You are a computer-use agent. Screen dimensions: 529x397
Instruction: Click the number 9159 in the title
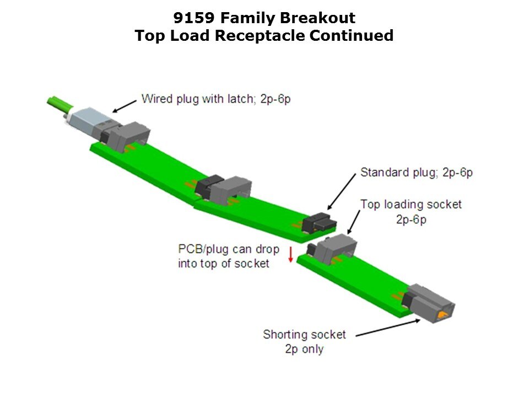pyautogui.click(x=193, y=18)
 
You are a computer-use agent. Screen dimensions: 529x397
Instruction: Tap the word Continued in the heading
pyautogui.click(x=352, y=35)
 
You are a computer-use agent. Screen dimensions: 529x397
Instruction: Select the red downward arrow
pyautogui.click(x=290, y=254)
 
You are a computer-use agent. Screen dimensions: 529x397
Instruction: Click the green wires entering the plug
pyautogui.click(x=60, y=104)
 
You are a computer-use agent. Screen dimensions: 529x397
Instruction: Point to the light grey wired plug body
pyautogui.click(x=88, y=119)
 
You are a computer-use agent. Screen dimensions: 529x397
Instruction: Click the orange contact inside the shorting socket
pyautogui.click(x=442, y=315)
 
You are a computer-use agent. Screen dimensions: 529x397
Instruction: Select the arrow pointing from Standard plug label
pyautogui.click(x=342, y=191)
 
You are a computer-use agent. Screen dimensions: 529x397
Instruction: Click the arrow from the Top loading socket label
pyautogui.click(x=354, y=222)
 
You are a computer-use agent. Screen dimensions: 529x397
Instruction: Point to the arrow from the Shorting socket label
pyautogui.click(x=388, y=328)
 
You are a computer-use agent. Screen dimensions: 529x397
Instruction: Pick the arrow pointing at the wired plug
pyautogui.click(x=125, y=106)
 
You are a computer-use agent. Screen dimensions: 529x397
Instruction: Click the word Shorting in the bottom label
pyautogui.click(x=283, y=335)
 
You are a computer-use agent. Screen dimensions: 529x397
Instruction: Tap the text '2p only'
pyautogui.click(x=304, y=348)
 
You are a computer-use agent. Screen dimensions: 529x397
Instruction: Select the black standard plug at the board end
pyautogui.click(x=319, y=222)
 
